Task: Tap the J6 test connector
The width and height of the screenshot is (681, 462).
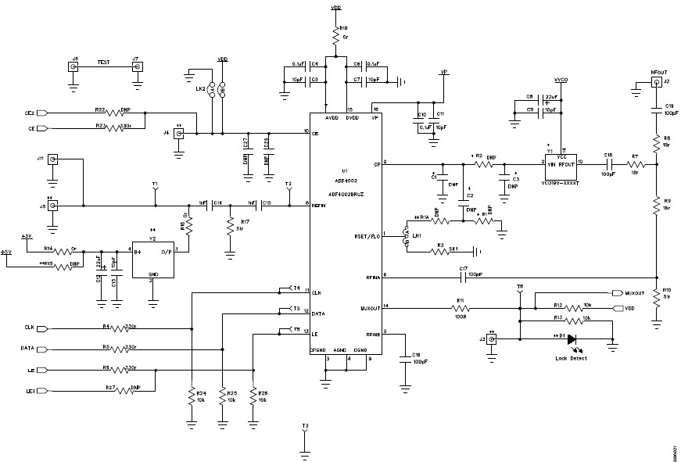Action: pyautogui.click(x=74, y=67)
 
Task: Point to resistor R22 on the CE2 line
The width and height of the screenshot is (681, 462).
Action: pyautogui.click(x=122, y=113)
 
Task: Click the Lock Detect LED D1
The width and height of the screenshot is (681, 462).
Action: pyautogui.click(x=572, y=338)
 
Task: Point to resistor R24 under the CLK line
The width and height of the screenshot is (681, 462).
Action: pyautogui.click(x=191, y=396)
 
